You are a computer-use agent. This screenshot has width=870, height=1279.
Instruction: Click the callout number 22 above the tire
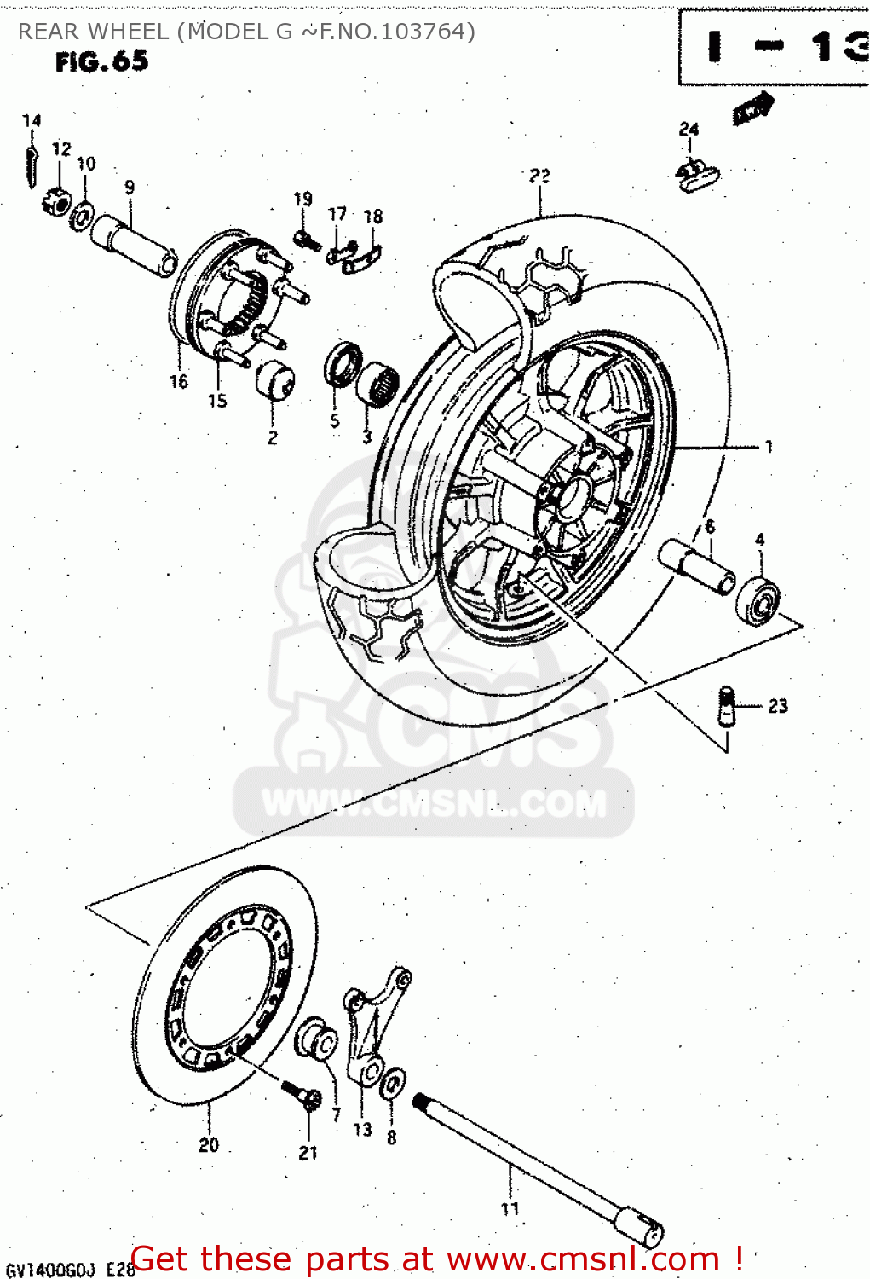click(x=539, y=176)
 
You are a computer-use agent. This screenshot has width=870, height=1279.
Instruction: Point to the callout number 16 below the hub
click(x=178, y=381)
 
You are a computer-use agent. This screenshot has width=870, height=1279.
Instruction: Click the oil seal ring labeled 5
click(x=343, y=362)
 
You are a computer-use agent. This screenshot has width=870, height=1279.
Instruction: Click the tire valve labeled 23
click(x=726, y=706)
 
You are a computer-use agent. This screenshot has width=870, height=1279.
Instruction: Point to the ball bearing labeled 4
click(x=758, y=599)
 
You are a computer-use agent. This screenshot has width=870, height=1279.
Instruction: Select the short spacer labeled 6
click(x=696, y=565)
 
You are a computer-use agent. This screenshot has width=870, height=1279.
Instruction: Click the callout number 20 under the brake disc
click(x=209, y=1145)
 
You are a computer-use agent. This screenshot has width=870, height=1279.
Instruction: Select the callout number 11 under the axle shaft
click(x=510, y=1208)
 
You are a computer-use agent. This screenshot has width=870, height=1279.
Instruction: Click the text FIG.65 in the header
click(x=101, y=61)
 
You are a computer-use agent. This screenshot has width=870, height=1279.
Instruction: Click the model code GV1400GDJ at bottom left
click(x=50, y=1269)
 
